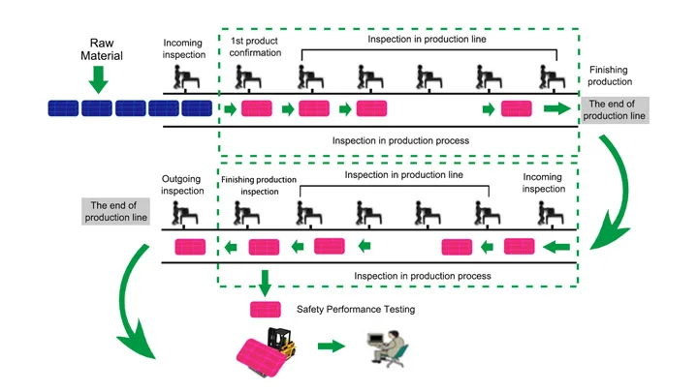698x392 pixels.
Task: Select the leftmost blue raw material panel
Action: (x=64, y=108)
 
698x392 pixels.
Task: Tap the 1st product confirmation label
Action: (x=255, y=47)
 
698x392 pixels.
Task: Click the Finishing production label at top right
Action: (x=617, y=76)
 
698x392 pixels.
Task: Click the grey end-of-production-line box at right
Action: (x=617, y=109)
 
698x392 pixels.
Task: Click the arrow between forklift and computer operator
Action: (x=333, y=346)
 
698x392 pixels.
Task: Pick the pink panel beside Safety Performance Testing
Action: (x=265, y=310)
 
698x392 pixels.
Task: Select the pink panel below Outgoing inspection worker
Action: (x=190, y=247)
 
